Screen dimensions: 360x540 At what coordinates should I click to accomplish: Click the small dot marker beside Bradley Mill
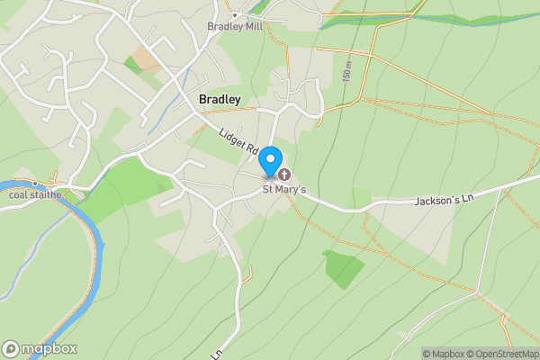coord(235,15)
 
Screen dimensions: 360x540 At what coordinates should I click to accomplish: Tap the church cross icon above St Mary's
coord(284,174)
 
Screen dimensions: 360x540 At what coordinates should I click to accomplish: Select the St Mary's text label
coord(284,189)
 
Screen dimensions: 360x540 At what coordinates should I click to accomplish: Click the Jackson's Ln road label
coord(443,199)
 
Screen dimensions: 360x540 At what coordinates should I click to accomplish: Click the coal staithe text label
coord(34,193)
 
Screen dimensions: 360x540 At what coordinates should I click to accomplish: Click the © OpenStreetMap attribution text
coord(504,354)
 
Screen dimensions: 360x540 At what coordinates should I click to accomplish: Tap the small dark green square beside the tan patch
coord(133,65)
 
